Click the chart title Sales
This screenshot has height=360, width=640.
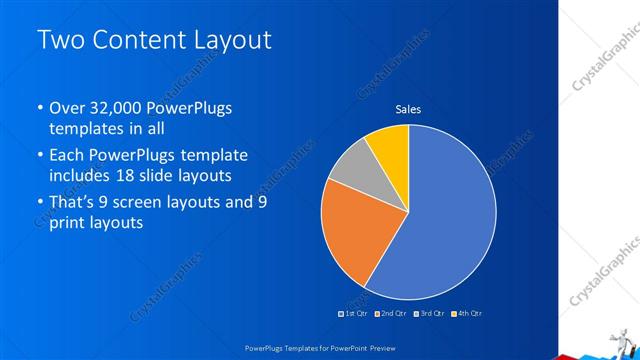(x=408, y=108)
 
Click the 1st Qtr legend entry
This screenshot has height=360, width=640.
(x=353, y=313)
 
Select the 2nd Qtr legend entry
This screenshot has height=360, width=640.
(x=390, y=313)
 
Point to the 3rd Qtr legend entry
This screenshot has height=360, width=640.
(x=428, y=313)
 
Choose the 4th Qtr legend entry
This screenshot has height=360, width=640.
(x=466, y=313)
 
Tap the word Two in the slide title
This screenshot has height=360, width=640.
(x=59, y=41)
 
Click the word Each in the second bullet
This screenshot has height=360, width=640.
(x=68, y=157)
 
